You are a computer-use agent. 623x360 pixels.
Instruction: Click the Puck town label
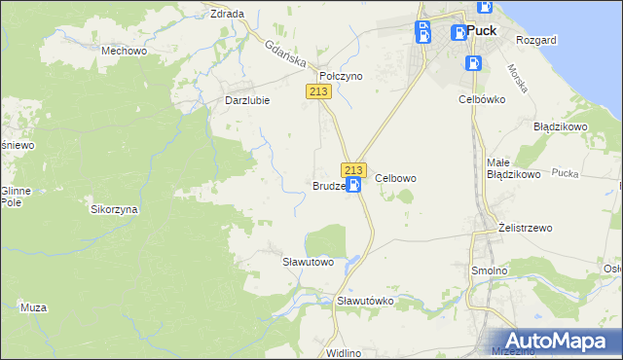[481, 30]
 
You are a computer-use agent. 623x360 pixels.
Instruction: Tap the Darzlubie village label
[247, 99]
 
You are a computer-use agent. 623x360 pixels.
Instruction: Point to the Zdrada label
[227, 14]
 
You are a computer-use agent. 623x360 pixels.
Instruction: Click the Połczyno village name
[342, 75]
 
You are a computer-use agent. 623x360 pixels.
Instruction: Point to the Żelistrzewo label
[525, 228]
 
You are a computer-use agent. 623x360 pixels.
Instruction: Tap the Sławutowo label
[308, 262]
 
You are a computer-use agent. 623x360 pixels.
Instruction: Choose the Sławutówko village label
[364, 301]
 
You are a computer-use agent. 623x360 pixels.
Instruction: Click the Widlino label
[345, 352]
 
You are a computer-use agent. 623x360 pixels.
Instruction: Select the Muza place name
[33, 307]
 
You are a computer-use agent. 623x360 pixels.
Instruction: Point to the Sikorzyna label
[115, 209]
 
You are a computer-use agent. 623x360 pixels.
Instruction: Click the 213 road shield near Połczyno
[319, 91]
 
